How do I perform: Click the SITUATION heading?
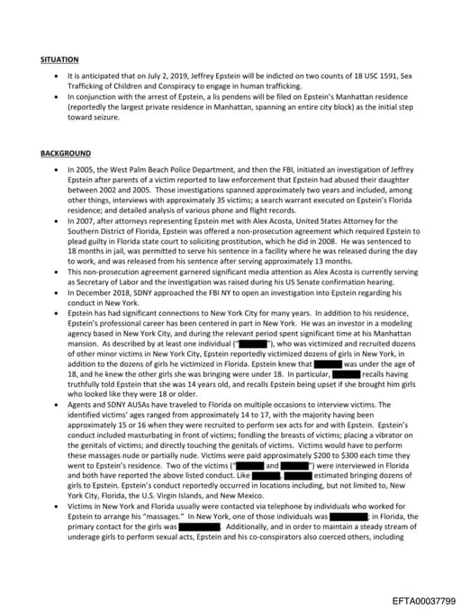click(60, 58)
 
